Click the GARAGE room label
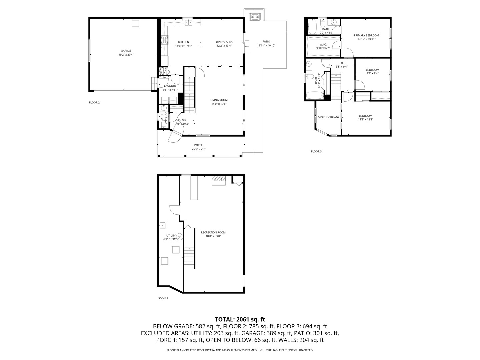(126, 51)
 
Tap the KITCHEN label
(183, 42)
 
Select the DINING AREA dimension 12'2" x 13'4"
(224, 46)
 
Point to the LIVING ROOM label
(219, 100)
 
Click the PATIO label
(266, 42)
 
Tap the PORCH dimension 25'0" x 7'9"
(199, 149)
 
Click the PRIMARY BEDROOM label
(366, 35)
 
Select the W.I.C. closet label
(323, 44)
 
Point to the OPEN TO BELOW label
(329, 117)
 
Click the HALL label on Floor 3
(342, 63)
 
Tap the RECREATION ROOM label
(213, 232)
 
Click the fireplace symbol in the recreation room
(218, 180)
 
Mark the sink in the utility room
(162, 225)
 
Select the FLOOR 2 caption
(94, 103)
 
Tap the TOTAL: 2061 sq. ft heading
(240, 319)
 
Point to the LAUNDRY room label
(170, 86)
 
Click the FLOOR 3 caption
(316, 151)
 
